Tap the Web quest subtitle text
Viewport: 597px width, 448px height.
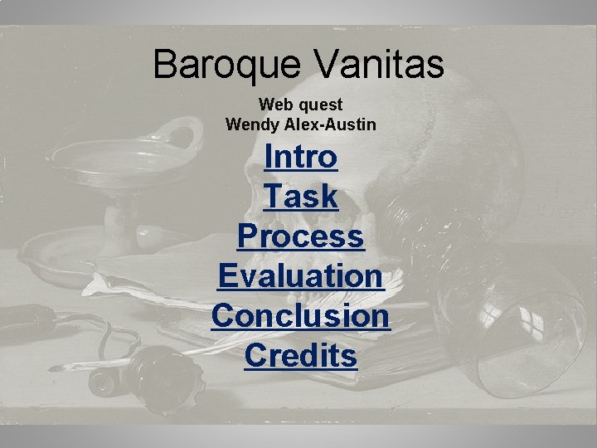coord(300,105)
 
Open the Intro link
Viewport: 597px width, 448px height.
coord(300,156)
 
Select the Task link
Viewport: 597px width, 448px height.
coord(300,197)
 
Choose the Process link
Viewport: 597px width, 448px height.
coord(300,236)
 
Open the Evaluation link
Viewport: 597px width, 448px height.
coord(300,276)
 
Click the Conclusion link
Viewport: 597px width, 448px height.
coord(300,316)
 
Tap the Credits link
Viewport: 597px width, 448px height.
coord(300,356)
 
